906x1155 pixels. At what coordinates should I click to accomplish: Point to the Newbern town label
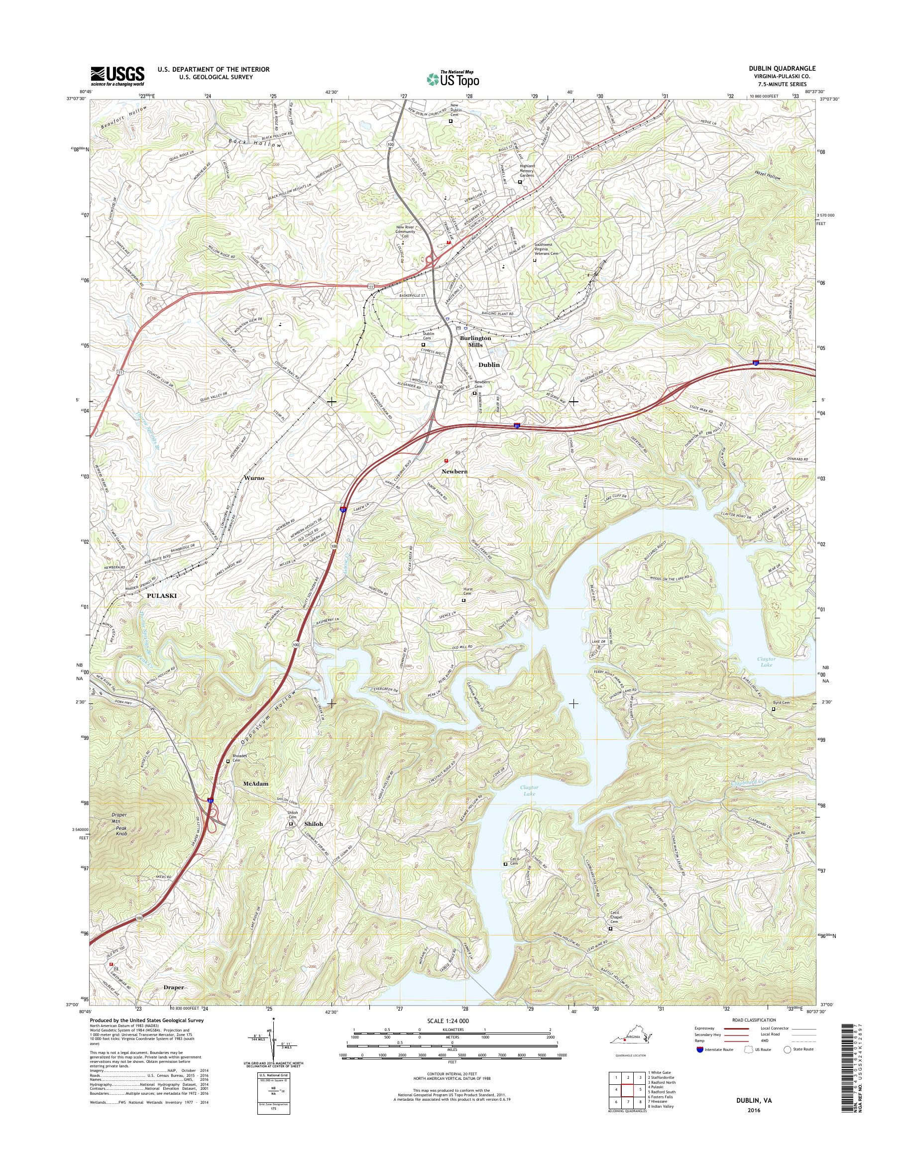point(455,470)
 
